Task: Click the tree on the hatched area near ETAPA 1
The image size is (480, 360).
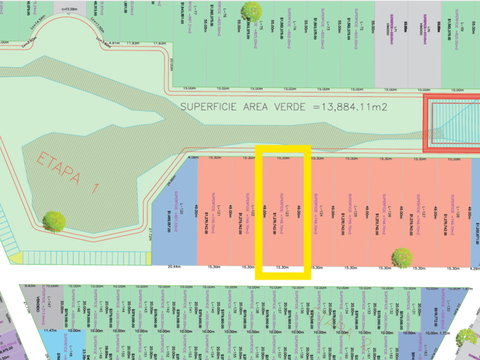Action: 54,221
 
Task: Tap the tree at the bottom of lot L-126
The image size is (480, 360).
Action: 402,258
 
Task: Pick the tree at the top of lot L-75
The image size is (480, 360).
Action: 250,11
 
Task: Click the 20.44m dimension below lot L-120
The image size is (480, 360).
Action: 174,267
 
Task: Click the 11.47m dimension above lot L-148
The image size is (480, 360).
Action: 50,331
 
